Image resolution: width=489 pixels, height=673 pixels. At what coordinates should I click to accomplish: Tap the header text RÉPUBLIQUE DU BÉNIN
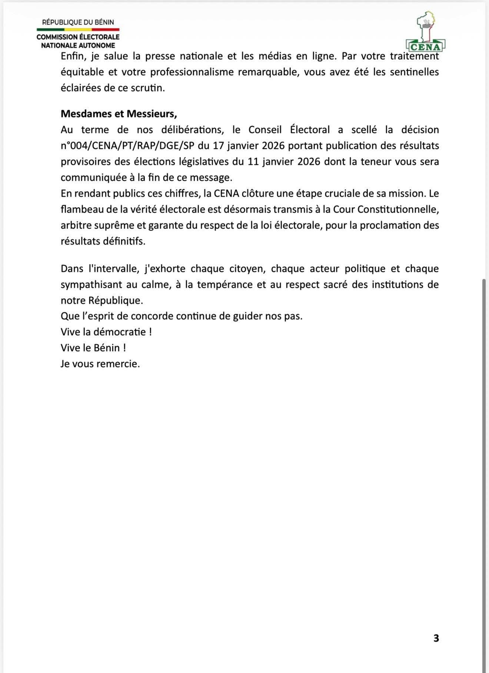coord(78,22)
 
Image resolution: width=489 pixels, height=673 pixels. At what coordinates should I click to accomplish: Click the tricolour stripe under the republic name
coord(78,29)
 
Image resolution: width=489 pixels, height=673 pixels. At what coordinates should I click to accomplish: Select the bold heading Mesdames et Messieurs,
coord(119,114)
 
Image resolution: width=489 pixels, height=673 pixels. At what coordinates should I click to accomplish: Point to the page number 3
coord(436,638)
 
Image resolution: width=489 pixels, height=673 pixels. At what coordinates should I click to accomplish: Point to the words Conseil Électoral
coord(289,130)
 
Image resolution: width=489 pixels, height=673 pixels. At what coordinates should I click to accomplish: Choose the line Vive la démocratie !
coord(106,332)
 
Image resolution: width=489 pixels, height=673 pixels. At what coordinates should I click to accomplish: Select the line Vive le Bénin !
coord(93,348)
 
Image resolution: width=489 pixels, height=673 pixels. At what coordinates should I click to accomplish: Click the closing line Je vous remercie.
coord(100,364)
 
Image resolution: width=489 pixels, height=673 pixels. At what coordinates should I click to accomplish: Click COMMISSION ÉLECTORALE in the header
coord(78,37)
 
